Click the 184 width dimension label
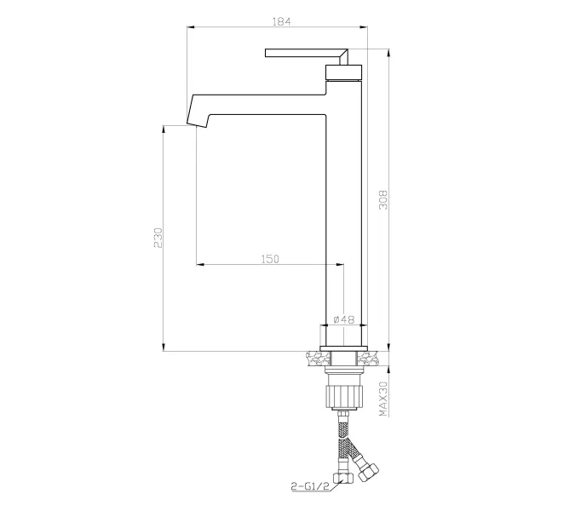(x=281, y=21)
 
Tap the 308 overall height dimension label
(x=383, y=200)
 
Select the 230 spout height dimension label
(x=158, y=238)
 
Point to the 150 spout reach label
(x=270, y=259)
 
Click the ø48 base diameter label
(x=344, y=319)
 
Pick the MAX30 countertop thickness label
(x=383, y=399)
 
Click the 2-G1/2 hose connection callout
(x=310, y=486)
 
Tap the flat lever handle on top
(x=307, y=55)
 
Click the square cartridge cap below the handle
(x=344, y=72)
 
